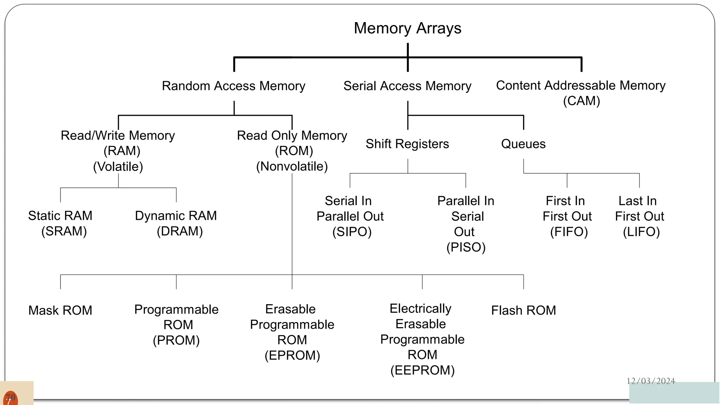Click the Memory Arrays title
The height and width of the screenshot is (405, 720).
pyautogui.click(x=407, y=28)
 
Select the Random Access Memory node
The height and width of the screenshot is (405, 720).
pyautogui.click(x=233, y=86)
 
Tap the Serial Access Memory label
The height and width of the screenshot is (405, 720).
pyautogui.click(x=407, y=86)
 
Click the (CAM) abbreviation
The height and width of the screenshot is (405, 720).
pyautogui.click(x=581, y=101)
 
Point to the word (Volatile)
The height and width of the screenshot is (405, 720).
pyautogui.click(x=118, y=166)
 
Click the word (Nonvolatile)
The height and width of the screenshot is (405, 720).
pyautogui.click(x=292, y=166)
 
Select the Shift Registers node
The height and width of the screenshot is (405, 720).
pyautogui.click(x=407, y=144)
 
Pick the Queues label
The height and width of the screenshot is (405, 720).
pyautogui.click(x=523, y=144)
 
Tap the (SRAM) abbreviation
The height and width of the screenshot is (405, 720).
pyautogui.click(x=64, y=231)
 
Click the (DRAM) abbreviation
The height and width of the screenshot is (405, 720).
pyautogui.click(x=180, y=231)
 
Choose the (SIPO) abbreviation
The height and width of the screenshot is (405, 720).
pyautogui.click(x=352, y=232)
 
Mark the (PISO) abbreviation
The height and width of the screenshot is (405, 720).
pyautogui.click(x=466, y=247)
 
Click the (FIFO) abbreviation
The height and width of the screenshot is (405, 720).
pyautogui.click(x=569, y=232)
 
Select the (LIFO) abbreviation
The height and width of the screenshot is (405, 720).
pyautogui.click(x=641, y=232)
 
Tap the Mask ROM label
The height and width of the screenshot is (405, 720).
pyautogui.click(x=60, y=310)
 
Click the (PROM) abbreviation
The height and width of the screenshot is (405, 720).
pyautogui.click(x=176, y=340)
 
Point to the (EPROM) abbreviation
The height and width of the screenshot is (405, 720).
pyautogui.click(x=292, y=355)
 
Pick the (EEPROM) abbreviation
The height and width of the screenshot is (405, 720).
pyautogui.click(x=422, y=371)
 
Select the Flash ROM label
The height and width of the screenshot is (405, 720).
pyautogui.click(x=523, y=310)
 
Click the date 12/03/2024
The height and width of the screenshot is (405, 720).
pyautogui.click(x=651, y=381)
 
